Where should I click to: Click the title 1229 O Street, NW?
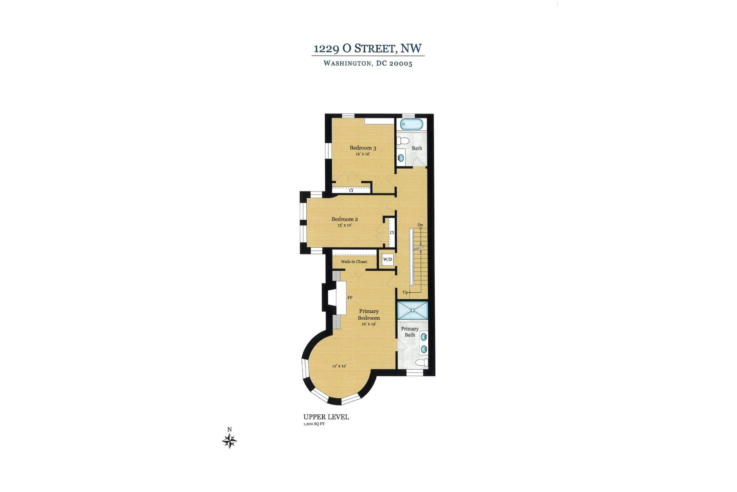coord(367,48)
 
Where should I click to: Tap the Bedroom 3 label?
coord(363,148)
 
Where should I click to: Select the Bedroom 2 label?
coord(345,219)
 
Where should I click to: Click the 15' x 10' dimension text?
coord(345,225)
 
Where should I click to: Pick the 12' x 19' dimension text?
coord(368,324)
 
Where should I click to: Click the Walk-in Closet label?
coord(354,262)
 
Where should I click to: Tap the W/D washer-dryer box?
coord(387,260)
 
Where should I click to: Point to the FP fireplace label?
coord(350,298)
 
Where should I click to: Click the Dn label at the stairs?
coord(420,225)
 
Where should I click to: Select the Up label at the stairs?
coord(405,292)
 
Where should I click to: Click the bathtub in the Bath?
coord(412,123)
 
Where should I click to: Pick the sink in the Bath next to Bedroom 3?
coord(401,157)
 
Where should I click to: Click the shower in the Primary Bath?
coord(413,311)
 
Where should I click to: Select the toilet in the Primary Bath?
coord(422,363)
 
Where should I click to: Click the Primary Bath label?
coord(410,332)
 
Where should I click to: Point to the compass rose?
coord(230,441)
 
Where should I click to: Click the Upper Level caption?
coord(326,417)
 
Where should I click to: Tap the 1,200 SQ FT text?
coord(314,424)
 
